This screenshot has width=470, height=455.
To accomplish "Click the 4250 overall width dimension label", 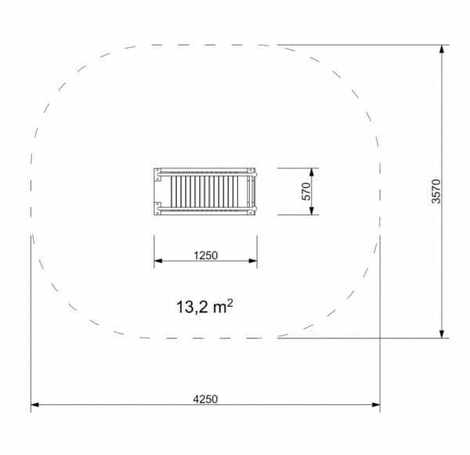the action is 205,399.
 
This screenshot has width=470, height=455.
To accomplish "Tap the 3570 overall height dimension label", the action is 436,191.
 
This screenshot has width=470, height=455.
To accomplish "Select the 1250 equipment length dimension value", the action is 205,255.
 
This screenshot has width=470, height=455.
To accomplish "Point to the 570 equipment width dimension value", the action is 306,191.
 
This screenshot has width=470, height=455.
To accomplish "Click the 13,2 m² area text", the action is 204,307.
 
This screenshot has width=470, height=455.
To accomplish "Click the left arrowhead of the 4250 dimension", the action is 34,405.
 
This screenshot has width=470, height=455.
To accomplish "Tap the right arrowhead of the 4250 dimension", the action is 376,405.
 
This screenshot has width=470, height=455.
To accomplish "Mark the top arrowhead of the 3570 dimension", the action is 442,49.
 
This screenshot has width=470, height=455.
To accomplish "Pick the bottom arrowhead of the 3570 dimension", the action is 442,334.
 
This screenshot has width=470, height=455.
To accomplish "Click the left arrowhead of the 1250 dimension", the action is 158,261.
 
